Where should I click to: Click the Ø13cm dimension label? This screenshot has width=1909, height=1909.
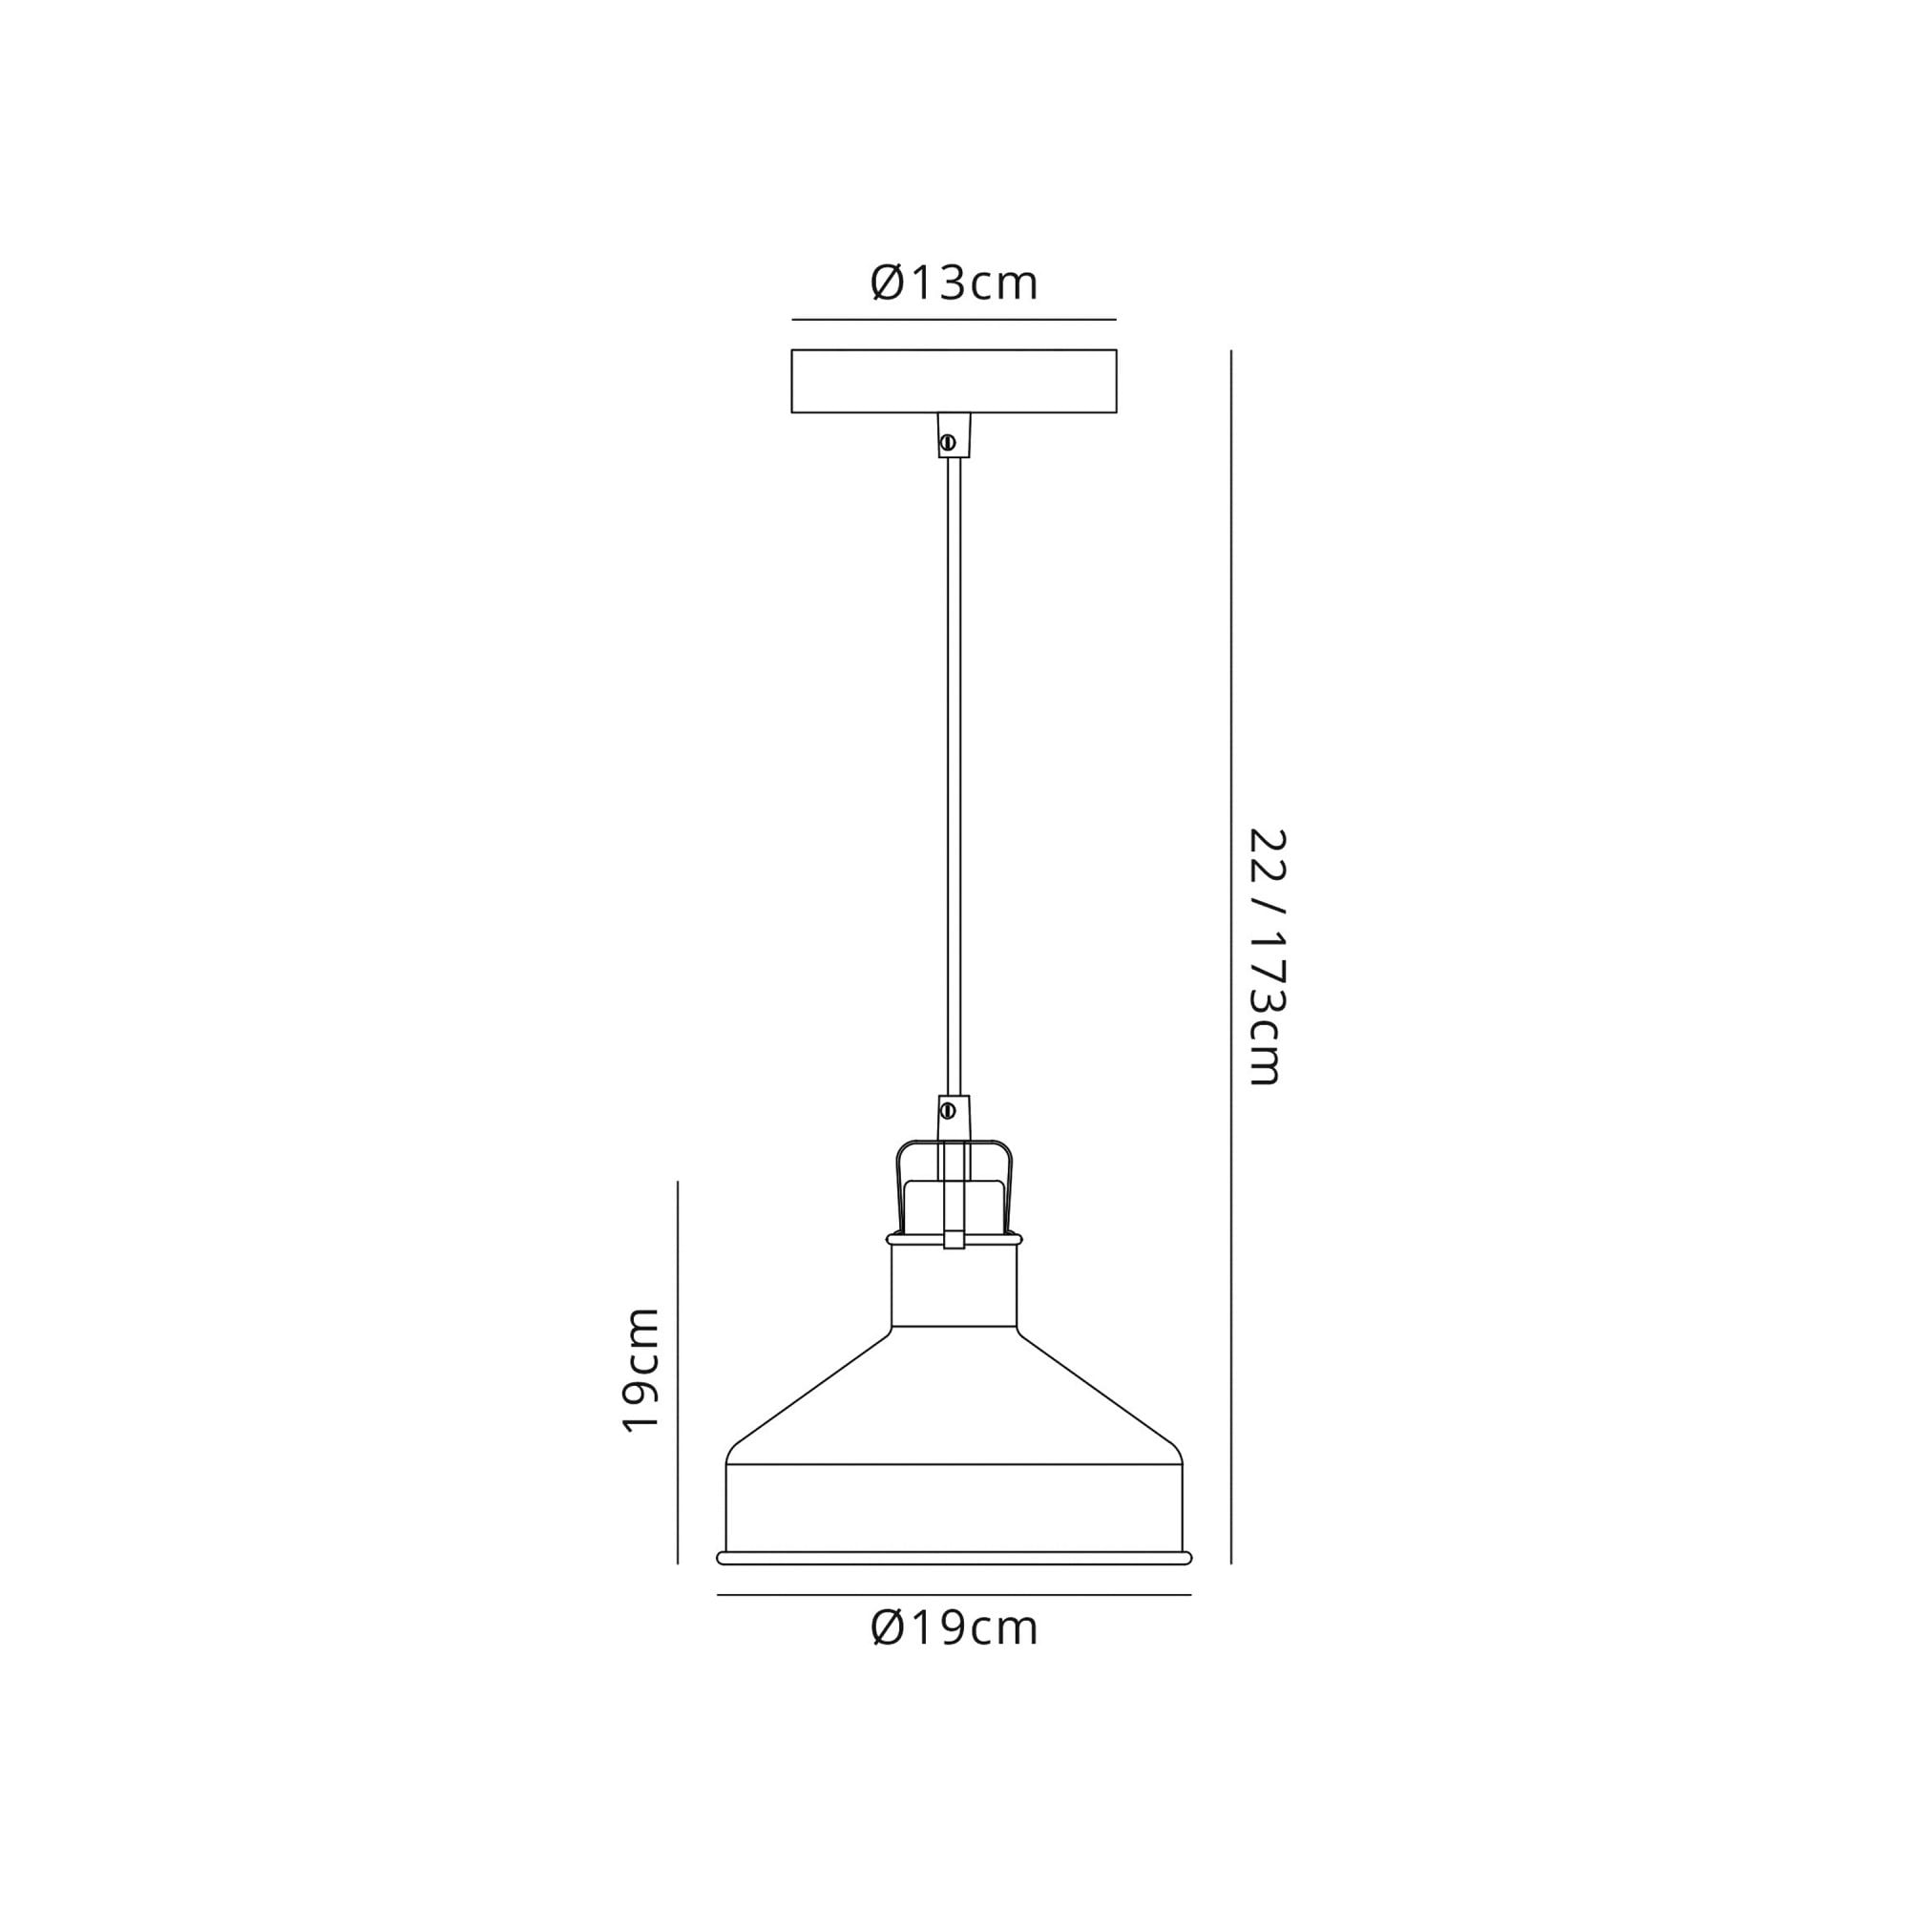point(954,283)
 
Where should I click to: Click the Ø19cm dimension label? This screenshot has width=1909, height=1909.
point(954,1627)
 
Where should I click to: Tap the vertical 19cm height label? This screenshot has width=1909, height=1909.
point(641,1369)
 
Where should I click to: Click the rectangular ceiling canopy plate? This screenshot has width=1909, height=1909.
point(954,381)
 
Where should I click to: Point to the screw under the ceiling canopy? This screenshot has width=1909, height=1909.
point(948,443)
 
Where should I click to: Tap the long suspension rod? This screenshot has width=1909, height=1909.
point(954,770)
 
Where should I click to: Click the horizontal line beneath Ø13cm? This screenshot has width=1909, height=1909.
point(954,319)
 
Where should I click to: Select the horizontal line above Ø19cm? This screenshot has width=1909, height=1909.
point(954,1594)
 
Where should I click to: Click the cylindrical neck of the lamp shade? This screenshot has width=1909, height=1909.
point(954,1286)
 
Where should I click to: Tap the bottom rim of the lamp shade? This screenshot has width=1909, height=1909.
point(954,1559)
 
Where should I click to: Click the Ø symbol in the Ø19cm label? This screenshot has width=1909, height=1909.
point(888,1627)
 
